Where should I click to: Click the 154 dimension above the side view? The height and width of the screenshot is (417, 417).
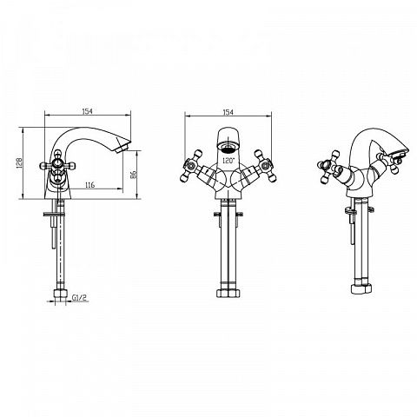tap(87, 111)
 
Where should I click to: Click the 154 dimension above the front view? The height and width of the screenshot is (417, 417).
tap(228, 112)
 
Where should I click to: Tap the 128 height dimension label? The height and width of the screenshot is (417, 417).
tap(19, 163)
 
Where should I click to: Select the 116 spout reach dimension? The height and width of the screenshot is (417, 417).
tap(90, 185)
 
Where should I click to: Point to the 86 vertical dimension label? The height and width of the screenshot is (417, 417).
tap(133, 174)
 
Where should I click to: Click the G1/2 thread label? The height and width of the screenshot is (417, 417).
tap(79, 297)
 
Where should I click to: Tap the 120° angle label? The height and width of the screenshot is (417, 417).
tap(228, 160)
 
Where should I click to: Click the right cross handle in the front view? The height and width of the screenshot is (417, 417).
tap(265, 166)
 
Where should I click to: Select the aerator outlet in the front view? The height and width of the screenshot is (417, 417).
tap(228, 148)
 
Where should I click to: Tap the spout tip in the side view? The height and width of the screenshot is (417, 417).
tap(122, 147)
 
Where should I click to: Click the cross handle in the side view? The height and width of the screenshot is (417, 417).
tap(57, 166)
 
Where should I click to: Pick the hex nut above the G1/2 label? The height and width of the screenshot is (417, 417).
tap(60, 294)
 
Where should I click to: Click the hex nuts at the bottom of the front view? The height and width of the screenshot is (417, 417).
tap(228, 293)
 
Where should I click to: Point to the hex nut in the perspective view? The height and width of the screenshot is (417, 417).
tap(361, 288)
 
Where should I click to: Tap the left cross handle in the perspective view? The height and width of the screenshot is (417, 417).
tap(328, 167)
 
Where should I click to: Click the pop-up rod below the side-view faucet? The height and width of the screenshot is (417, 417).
tap(54, 225)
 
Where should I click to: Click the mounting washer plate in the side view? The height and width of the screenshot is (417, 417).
tap(55, 215)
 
